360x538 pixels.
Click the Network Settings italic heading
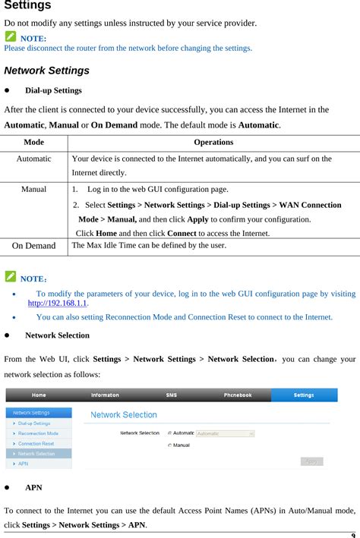46,71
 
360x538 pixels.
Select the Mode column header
33,142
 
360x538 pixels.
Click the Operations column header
213,142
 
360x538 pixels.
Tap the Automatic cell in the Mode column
33,159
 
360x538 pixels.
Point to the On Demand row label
33,246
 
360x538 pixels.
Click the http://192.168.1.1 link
58,303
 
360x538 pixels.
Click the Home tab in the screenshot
39,395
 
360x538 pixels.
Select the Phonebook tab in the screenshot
238,395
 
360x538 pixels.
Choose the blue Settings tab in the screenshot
304,395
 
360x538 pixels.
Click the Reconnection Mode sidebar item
38,433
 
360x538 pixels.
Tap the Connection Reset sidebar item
36,443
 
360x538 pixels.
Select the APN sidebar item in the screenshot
24,464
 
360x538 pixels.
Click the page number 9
354,533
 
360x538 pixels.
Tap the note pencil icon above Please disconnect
10,36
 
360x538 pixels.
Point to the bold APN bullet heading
33,487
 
